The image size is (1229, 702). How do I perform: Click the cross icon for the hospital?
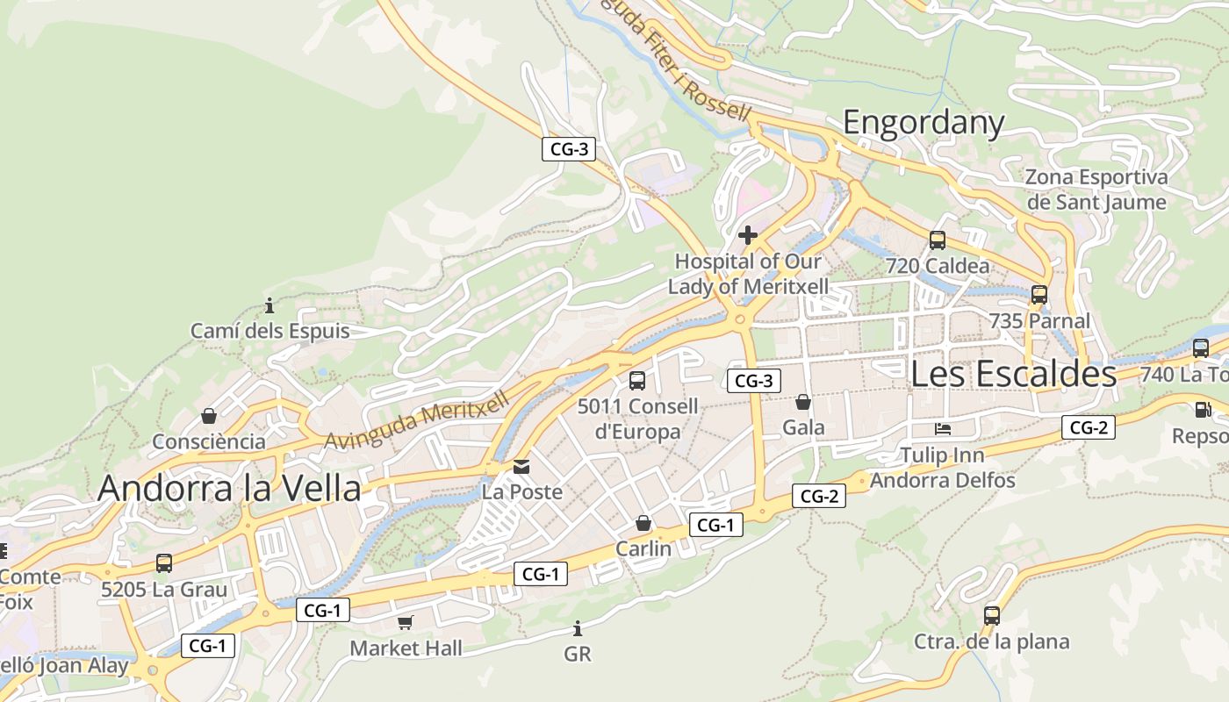[x=748, y=235]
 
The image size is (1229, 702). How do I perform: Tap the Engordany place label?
[x=923, y=123]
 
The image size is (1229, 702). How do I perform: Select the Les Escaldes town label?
[x=1013, y=374]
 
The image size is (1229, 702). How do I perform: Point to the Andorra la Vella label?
[x=229, y=489]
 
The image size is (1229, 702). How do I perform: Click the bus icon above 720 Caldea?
[x=938, y=240]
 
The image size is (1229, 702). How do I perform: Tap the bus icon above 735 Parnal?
[x=1039, y=295]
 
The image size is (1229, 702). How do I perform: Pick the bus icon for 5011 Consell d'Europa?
[x=637, y=381]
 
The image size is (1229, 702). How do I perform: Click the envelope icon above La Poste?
[x=522, y=466]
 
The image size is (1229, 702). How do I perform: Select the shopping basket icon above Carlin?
[x=643, y=523]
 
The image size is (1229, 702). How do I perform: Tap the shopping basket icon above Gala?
[x=803, y=402]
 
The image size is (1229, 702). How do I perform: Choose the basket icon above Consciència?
[x=209, y=416]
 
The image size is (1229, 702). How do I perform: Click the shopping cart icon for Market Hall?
[x=405, y=622]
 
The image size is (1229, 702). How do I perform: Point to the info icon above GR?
[x=578, y=628]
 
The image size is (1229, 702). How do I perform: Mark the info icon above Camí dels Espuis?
[x=270, y=305]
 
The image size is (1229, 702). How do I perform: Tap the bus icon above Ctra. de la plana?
[x=992, y=616]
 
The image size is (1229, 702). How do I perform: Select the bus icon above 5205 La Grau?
[x=164, y=563]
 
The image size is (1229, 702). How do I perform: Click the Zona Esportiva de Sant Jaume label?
[x=1097, y=190]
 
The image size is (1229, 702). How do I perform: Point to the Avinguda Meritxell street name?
[x=417, y=422]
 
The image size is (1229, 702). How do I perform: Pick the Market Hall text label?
[x=406, y=648]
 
